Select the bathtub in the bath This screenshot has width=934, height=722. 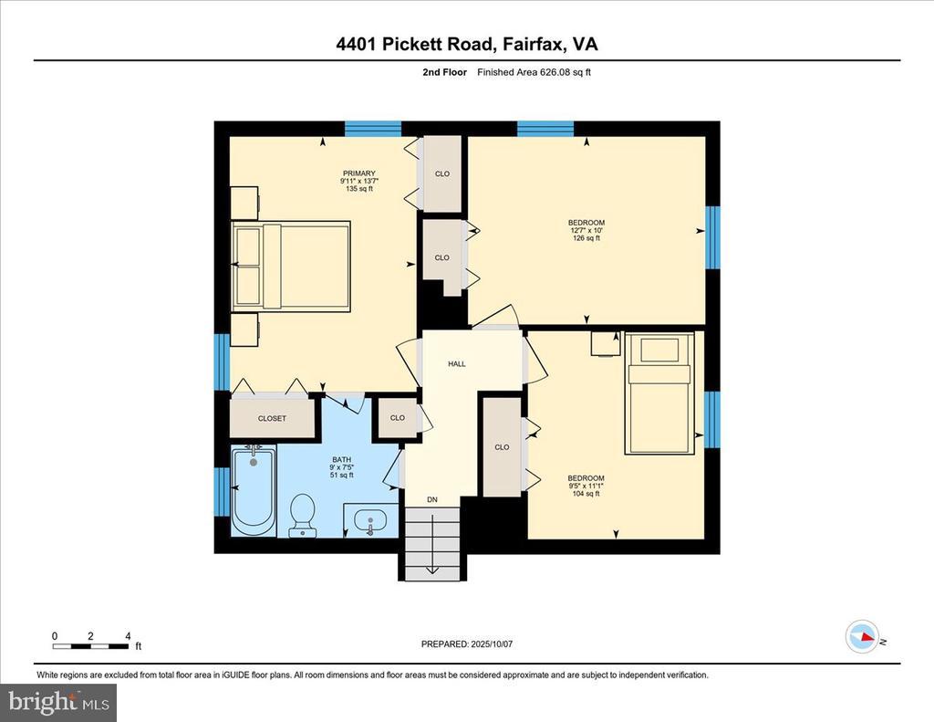click(x=254, y=490)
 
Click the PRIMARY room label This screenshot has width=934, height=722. click(x=359, y=173)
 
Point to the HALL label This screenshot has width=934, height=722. click(x=457, y=363)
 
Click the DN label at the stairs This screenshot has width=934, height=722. click(x=432, y=499)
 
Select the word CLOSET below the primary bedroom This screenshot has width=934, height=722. click(x=272, y=419)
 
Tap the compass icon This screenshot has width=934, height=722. click(x=863, y=637)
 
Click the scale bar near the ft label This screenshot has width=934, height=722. click(x=90, y=646)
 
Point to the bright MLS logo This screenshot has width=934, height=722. click(x=58, y=702)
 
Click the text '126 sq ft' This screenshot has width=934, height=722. click(x=586, y=238)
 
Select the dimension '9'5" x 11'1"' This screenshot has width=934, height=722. click(x=586, y=486)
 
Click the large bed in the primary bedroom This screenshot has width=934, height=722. click(x=291, y=266)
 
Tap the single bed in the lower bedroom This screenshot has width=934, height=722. click(x=659, y=393)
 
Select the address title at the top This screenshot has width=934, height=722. click(x=467, y=45)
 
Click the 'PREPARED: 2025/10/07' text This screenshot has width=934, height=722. click(x=467, y=644)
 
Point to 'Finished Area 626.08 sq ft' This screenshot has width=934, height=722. click(x=534, y=72)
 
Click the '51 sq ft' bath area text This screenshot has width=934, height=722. click(x=342, y=476)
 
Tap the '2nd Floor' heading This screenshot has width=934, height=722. click(x=445, y=72)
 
